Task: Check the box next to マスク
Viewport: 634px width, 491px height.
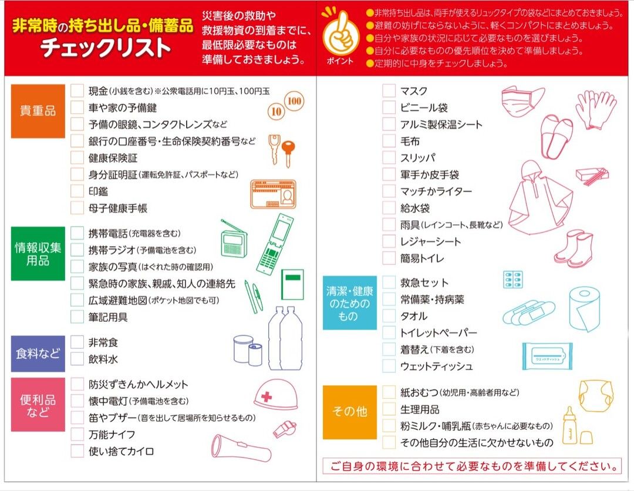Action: pos(389,90)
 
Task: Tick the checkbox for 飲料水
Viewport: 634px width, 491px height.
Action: pos(77,359)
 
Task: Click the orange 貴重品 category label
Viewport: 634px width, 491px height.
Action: pos(38,111)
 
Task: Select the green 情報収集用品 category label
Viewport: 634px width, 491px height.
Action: pos(38,254)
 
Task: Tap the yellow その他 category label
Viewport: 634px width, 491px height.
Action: pos(350,412)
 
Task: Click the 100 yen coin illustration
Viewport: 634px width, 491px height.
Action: pos(294,101)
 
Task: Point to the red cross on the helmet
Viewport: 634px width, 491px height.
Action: pos(267,396)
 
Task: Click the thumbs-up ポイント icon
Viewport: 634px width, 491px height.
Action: pos(341,34)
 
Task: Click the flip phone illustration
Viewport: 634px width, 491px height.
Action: pos(275,244)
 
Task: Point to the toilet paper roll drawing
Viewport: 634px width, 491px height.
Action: pos(584,310)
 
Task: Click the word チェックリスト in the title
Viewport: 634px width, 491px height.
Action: pos(106,48)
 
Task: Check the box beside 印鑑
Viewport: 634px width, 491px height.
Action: pos(77,191)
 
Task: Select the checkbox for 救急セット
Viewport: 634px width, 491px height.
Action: pos(389,283)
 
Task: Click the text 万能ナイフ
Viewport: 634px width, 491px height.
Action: pos(112,435)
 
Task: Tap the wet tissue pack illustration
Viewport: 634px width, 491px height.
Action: pos(547,357)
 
